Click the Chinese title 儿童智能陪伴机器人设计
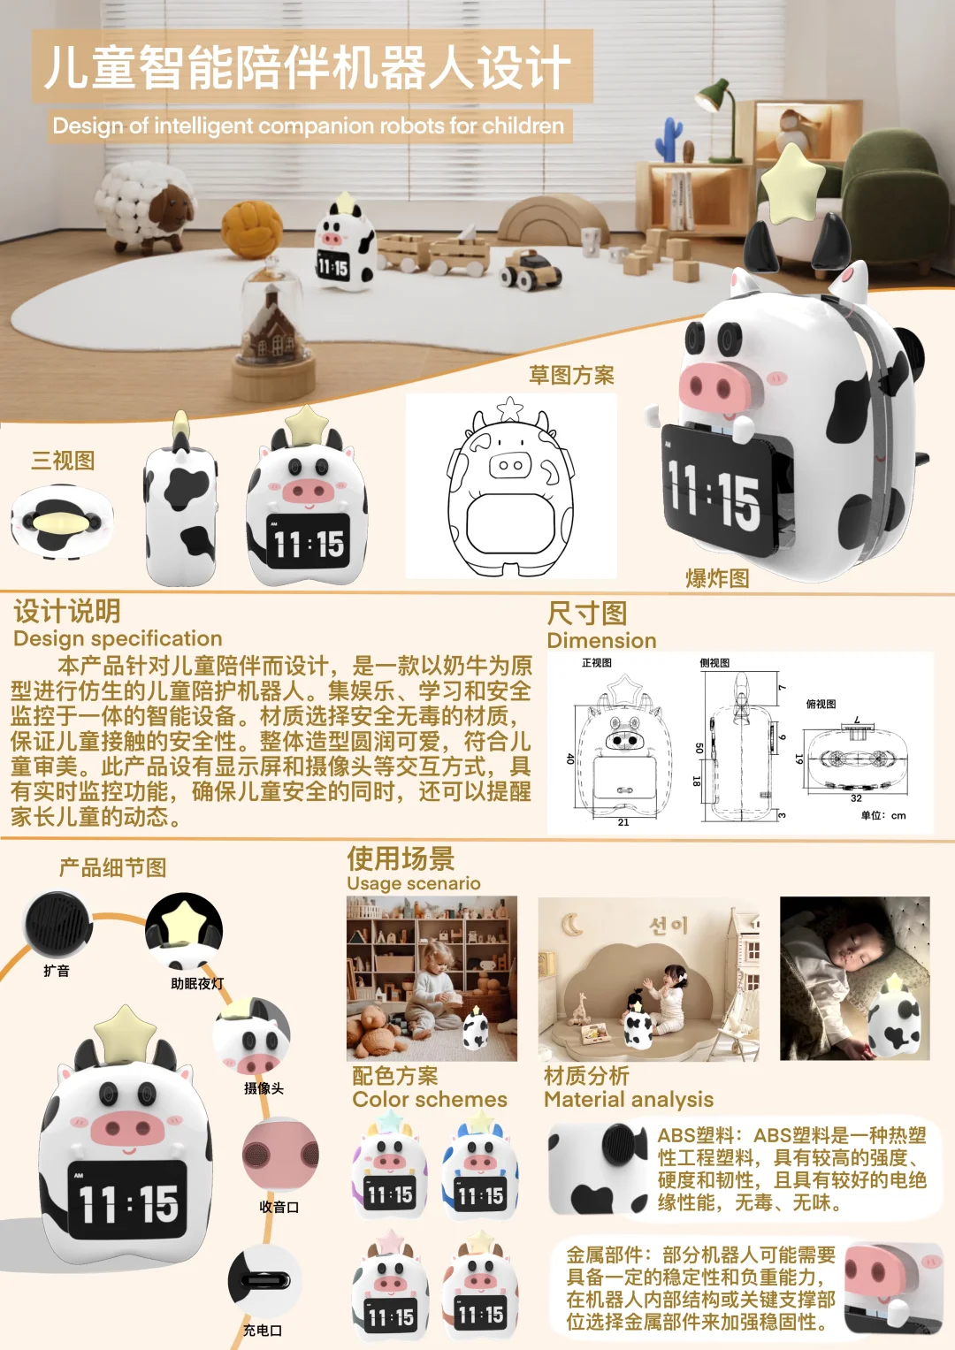coord(308,67)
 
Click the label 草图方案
coord(571,376)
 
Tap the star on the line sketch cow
coord(510,409)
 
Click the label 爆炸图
coord(717,579)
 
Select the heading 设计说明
coord(67,611)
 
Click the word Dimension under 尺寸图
coord(601,641)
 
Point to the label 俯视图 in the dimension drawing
coord(821,704)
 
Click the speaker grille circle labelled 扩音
coord(58,924)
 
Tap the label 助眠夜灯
coord(197,983)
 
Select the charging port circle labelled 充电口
coord(264,1279)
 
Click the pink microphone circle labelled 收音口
coord(279,1154)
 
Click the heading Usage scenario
coord(414,883)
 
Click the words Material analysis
coord(628,1100)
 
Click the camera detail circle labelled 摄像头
coord(253,1039)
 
